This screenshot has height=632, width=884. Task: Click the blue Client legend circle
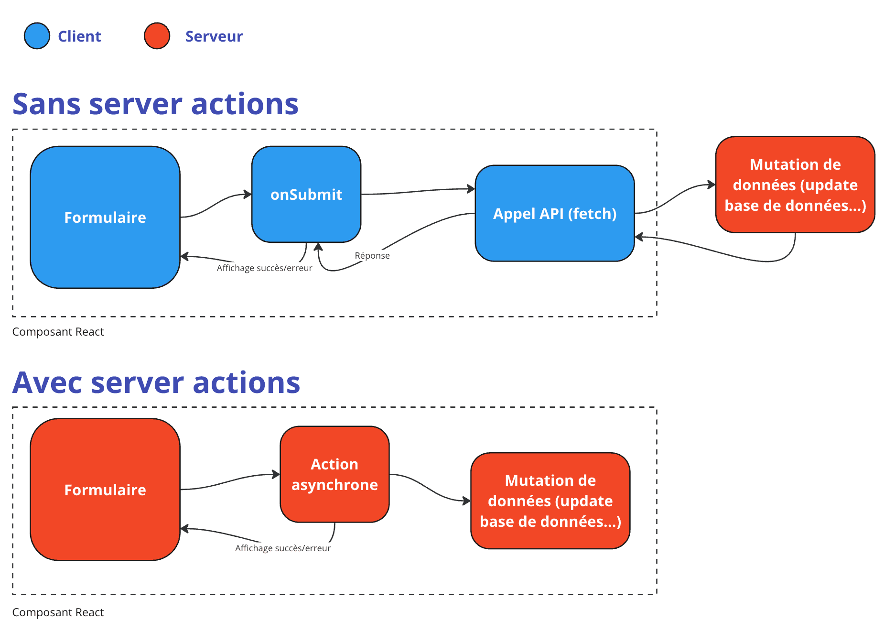click(37, 36)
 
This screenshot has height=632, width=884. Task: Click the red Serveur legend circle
click(157, 36)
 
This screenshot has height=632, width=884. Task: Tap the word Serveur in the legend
click(214, 36)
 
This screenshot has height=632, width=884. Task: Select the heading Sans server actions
click(155, 104)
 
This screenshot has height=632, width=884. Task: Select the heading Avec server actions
click(156, 382)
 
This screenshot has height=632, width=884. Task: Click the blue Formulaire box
click(105, 217)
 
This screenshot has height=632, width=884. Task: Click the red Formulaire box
click(105, 490)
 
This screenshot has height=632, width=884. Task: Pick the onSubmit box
click(306, 194)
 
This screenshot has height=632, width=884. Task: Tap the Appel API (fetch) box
click(554, 213)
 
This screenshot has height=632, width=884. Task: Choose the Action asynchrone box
click(334, 474)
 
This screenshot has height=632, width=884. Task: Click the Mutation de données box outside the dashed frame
click(795, 185)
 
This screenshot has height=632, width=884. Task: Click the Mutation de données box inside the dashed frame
click(550, 501)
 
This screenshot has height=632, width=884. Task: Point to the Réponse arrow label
click(372, 256)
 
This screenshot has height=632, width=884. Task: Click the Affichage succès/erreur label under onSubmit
click(264, 268)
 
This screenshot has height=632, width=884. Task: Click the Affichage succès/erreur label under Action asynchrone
click(282, 548)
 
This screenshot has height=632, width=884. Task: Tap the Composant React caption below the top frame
click(58, 332)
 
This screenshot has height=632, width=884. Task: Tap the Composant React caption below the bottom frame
click(58, 612)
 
